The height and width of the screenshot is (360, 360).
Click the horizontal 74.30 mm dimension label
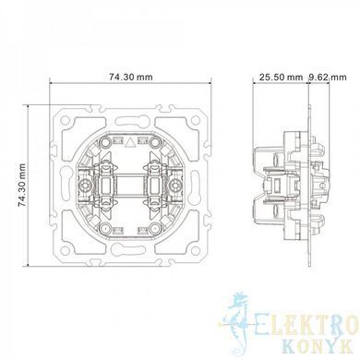[x=130, y=77]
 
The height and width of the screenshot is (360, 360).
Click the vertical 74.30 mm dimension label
[x=22, y=186]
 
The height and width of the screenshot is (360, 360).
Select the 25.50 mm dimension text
[x=281, y=77]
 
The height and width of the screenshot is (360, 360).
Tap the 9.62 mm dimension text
[x=328, y=77]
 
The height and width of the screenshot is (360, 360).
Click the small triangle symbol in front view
[x=131, y=142]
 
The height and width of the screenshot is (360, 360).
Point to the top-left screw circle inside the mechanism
[x=105, y=142]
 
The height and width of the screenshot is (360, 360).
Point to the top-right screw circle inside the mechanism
[x=155, y=142]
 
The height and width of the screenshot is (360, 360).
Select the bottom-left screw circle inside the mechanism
[x=105, y=228]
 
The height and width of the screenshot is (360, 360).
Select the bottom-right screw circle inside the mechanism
[x=155, y=228]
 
